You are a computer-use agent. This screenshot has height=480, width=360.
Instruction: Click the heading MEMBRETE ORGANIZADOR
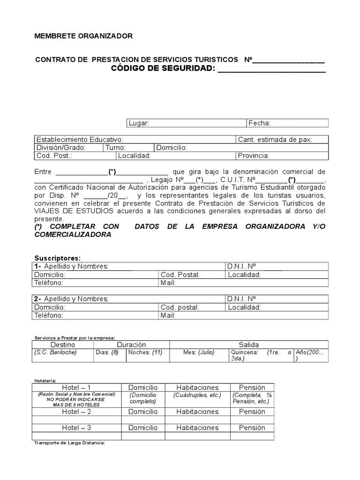click(x=84, y=36)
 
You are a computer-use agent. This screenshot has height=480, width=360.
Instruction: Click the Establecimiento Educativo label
click(x=80, y=140)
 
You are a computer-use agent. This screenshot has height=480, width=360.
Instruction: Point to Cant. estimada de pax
click(x=275, y=140)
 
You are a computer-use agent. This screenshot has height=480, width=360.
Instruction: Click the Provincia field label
click(x=253, y=156)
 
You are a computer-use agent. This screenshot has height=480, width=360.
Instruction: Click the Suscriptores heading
click(x=58, y=258)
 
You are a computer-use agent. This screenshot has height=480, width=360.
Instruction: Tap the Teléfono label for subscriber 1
click(x=49, y=283)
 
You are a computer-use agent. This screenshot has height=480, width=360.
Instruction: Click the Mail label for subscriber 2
click(x=168, y=315)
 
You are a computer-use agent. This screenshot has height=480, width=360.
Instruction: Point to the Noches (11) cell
click(x=146, y=352)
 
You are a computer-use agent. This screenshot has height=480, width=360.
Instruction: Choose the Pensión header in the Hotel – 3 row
click(x=252, y=427)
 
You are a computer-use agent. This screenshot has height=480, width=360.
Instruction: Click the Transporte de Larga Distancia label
click(x=70, y=442)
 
